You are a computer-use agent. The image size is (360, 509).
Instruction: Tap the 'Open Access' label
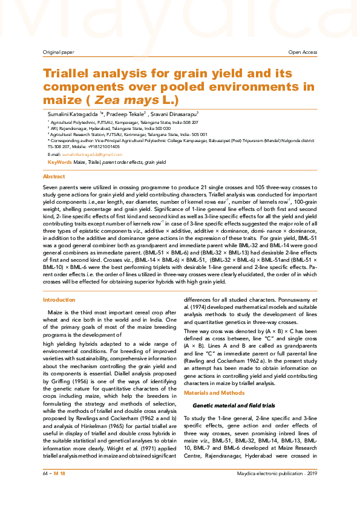(303, 53)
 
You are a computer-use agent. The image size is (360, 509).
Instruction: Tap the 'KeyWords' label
(59, 163)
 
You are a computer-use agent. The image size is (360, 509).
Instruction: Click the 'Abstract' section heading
(54, 177)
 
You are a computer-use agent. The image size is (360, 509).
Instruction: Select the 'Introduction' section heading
(59, 300)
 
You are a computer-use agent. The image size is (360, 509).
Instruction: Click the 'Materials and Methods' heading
(211, 394)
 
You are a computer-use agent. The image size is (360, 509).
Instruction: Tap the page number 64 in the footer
(45, 490)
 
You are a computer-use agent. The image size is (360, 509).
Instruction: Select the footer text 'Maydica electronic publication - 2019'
(277, 490)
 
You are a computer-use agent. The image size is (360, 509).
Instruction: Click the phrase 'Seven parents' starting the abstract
(58, 189)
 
